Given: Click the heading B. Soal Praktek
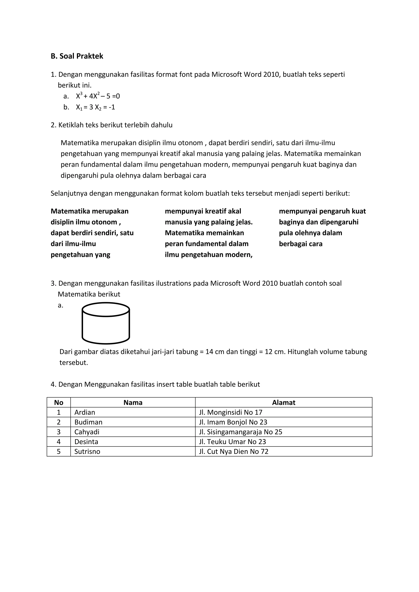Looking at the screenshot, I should [x=77, y=56].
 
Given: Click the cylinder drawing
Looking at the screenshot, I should [x=106, y=323].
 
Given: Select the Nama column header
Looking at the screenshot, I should [x=133, y=403].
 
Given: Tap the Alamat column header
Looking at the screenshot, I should [x=284, y=403].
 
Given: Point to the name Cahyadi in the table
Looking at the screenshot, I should [x=87, y=432].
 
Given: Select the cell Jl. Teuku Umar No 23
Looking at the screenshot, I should [x=232, y=442].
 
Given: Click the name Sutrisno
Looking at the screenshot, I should [x=87, y=452].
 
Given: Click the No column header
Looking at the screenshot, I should [x=59, y=403].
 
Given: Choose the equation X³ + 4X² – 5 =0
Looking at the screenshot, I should [x=98, y=96].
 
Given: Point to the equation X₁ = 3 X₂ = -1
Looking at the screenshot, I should [x=96, y=107].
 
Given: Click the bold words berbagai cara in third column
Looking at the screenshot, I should [x=301, y=244].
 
